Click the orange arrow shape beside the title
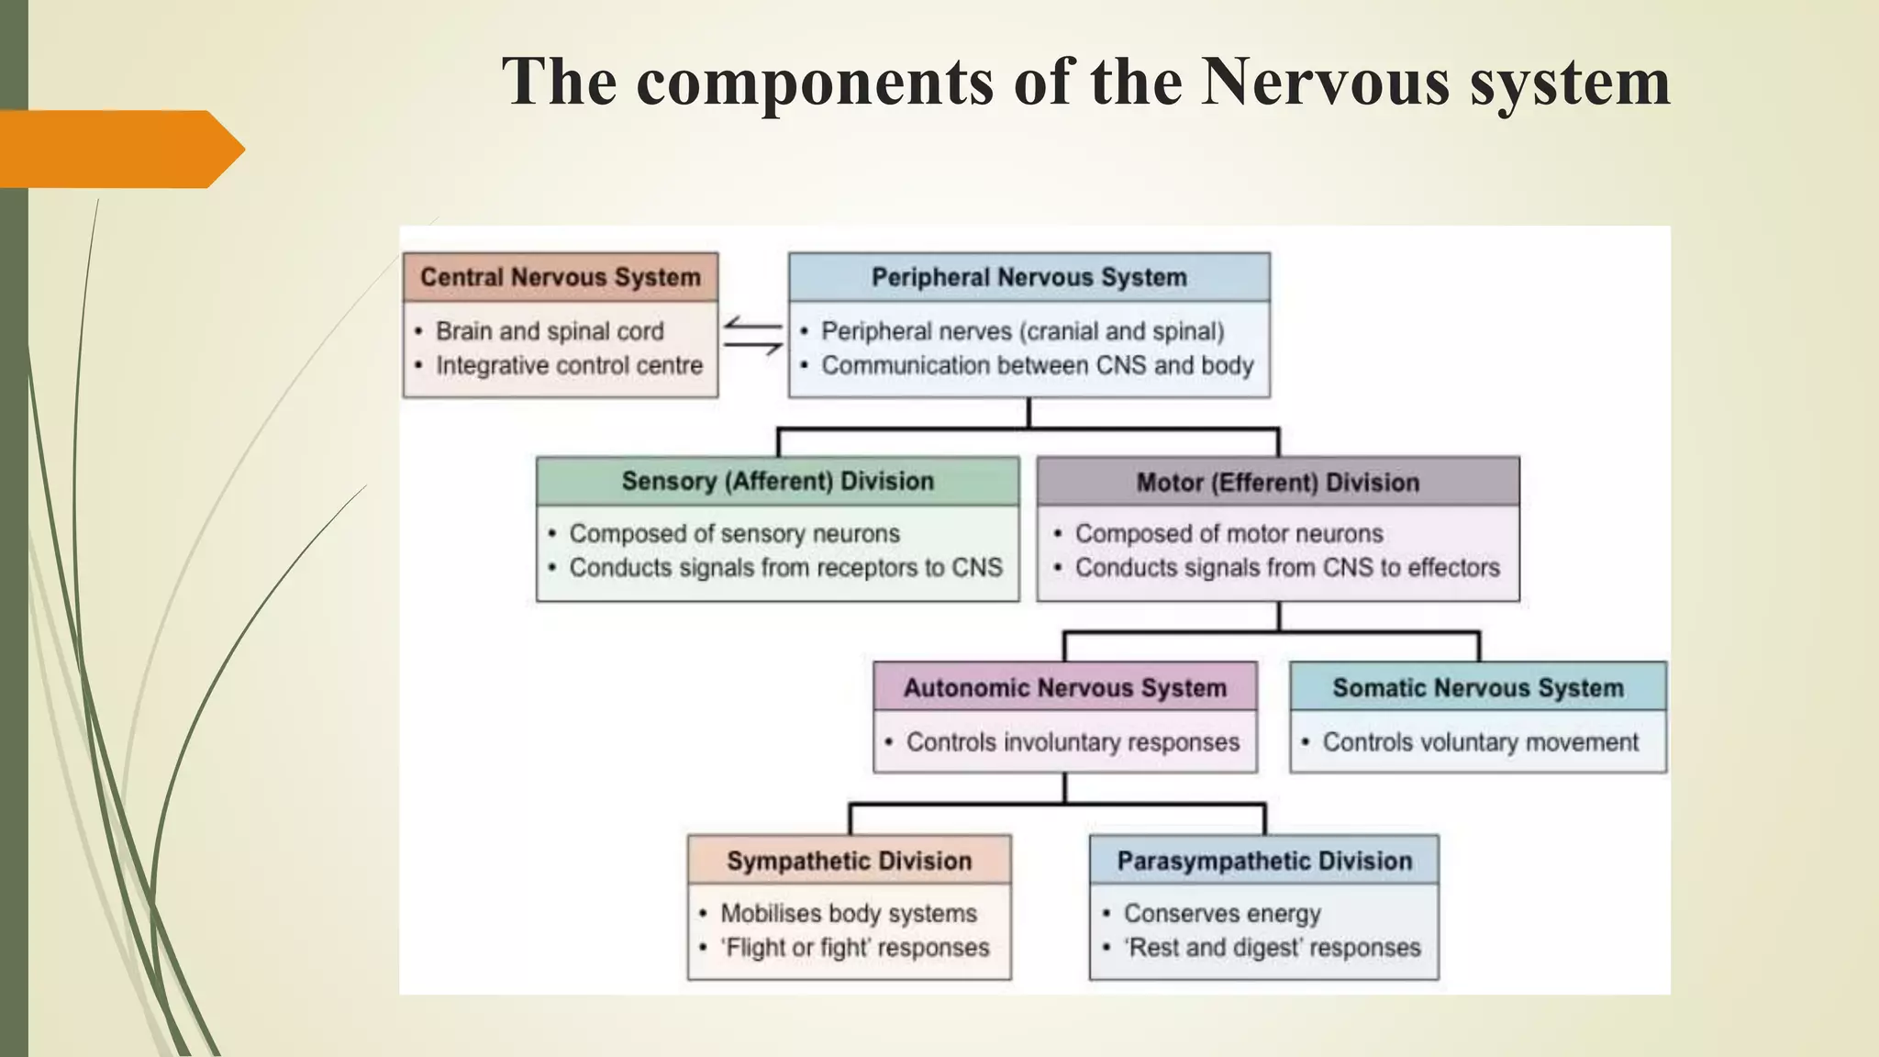point(119,149)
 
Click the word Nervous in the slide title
point(1326,82)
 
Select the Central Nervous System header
point(561,277)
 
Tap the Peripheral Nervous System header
point(1029,277)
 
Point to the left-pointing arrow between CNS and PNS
point(752,324)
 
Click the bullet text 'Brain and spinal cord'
point(550,331)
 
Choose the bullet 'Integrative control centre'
point(569,365)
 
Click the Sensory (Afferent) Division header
point(778,482)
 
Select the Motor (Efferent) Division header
point(1278,483)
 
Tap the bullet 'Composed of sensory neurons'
point(734,533)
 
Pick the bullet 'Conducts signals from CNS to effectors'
point(1287,568)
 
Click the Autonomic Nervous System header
point(1065,688)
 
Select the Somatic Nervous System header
point(1478,688)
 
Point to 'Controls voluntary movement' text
point(1480,742)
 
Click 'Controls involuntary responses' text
point(1073,742)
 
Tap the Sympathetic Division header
point(850,861)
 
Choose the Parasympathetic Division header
point(1264,861)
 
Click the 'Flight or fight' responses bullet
point(855,948)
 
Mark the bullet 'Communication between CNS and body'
point(1037,365)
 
